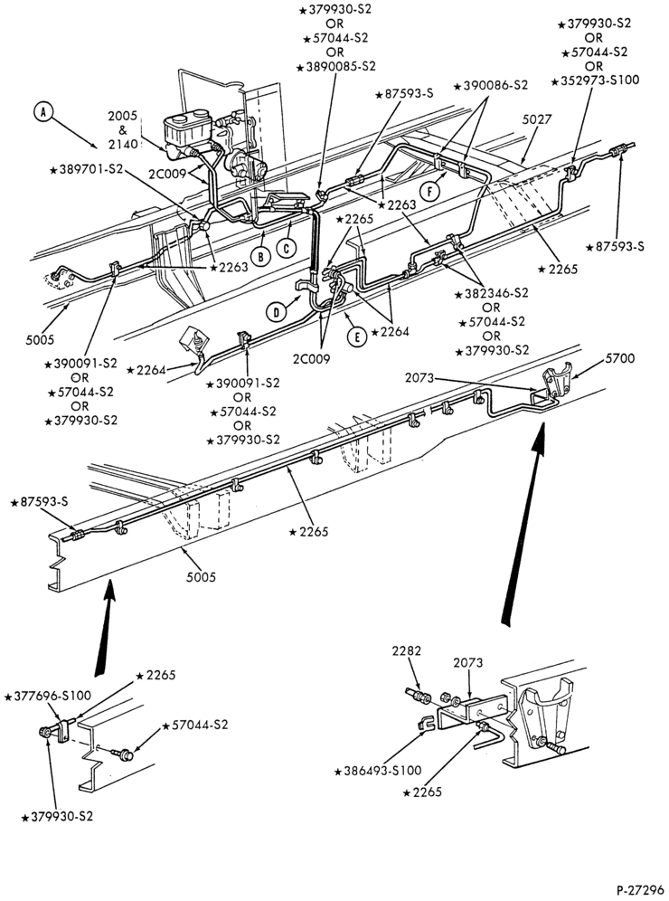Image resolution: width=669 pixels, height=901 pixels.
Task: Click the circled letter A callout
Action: coord(42,112)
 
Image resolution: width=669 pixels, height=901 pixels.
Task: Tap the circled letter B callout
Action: coord(261,256)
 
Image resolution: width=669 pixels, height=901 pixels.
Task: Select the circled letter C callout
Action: coord(286,247)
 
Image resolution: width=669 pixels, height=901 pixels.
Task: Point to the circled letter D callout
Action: coord(277,312)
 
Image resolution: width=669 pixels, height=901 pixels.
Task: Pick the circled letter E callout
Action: coord(357,337)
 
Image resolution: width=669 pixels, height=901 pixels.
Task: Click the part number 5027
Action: coord(537,119)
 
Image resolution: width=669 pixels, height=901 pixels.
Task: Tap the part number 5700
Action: coord(619,358)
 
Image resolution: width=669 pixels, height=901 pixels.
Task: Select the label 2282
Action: coord(407,651)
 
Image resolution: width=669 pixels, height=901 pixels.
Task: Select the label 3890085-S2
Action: coord(336,67)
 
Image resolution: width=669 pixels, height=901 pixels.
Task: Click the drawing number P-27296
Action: coord(640,890)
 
